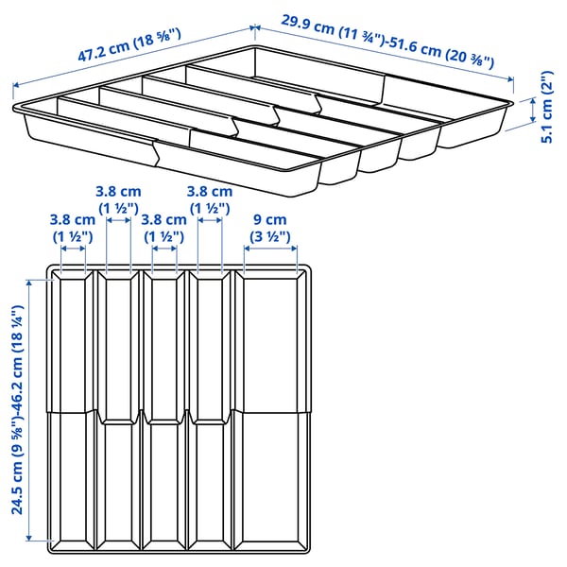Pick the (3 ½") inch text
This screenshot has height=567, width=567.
tap(269, 235)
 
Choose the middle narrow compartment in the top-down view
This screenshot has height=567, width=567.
tap(163, 406)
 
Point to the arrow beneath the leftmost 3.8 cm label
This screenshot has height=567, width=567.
tap(74, 251)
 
